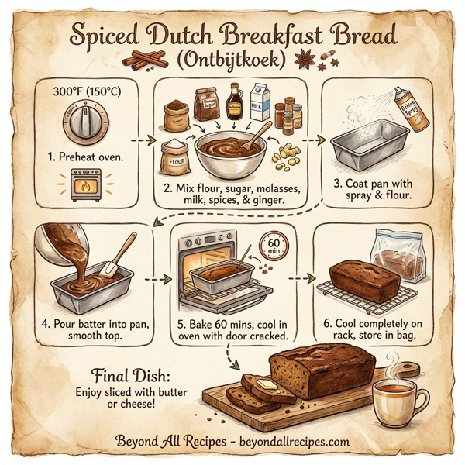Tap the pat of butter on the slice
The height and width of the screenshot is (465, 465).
tap(263, 384)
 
